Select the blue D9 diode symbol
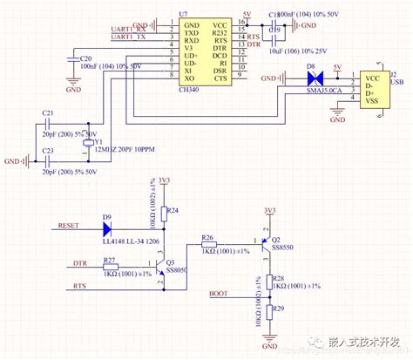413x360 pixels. coord(107,230)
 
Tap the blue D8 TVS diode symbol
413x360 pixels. coord(310,78)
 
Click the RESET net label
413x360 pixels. coord(69,226)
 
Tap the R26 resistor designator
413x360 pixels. coord(207,237)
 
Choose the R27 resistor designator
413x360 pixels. coord(111,260)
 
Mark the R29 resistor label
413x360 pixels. coord(278,309)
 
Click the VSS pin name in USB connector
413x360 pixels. coord(372,102)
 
